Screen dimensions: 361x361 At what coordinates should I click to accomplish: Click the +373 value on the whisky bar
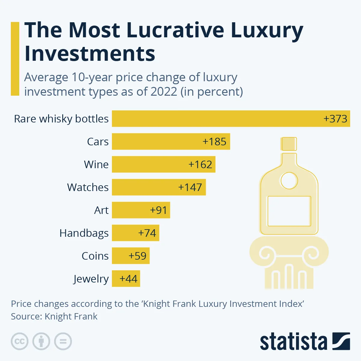pyautogui.click(x=335, y=119)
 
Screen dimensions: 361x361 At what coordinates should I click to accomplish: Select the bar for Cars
pyautogui.click(x=171, y=141)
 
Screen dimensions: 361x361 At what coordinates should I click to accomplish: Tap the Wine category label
pyautogui.click(x=96, y=165)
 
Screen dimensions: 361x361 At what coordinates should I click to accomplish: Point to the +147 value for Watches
pyautogui.click(x=190, y=187)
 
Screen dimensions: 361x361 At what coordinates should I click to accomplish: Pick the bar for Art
pyautogui.click(x=141, y=210)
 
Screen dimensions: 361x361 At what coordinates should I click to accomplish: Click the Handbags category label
pyautogui.click(x=84, y=233)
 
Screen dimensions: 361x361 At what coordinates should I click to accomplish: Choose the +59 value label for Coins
pyautogui.click(x=137, y=256)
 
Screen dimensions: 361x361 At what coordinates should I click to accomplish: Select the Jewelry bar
pyautogui.click(x=126, y=279)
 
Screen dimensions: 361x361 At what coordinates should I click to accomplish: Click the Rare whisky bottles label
pyautogui.click(x=61, y=119)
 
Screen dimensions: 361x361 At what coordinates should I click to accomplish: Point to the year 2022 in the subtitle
pyautogui.click(x=164, y=91)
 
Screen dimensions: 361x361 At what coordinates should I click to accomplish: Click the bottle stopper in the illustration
pyautogui.click(x=289, y=144)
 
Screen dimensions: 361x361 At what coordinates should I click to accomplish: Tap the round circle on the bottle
pyautogui.click(x=289, y=181)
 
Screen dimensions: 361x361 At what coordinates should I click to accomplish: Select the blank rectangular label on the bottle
pyautogui.click(x=289, y=211)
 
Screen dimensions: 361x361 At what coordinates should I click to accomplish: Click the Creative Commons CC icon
pyautogui.click(x=20, y=341)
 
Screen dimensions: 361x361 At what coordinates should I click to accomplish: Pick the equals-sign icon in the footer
pyautogui.click(x=63, y=341)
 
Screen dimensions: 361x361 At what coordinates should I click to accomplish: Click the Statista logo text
pyautogui.click(x=293, y=342)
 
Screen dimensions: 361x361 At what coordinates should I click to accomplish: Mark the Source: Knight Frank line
pyautogui.click(x=54, y=316)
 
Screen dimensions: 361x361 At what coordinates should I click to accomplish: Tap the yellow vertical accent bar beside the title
pyautogui.click(x=15, y=59)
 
